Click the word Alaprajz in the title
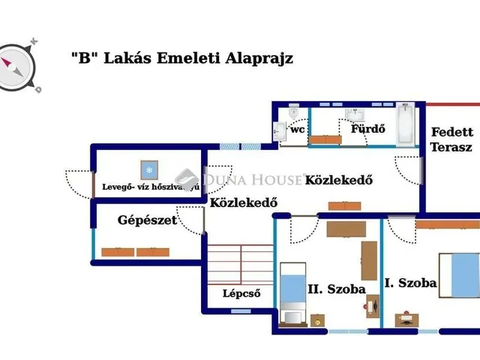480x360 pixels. (x=259, y=59)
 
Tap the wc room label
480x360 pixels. (x=298, y=129)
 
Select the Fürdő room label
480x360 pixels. (x=368, y=127)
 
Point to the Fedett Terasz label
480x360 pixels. (x=451, y=140)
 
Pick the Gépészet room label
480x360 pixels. (x=147, y=220)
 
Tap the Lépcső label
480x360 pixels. (x=241, y=293)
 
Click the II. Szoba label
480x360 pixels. (x=337, y=289)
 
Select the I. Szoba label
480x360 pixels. (x=410, y=283)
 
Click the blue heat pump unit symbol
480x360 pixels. (x=147, y=169)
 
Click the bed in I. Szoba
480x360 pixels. (x=458, y=274)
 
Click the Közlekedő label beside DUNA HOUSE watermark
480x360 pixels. (x=339, y=180)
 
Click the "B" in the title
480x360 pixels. (x=81, y=59)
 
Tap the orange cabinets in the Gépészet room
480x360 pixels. (x=136, y=252)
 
